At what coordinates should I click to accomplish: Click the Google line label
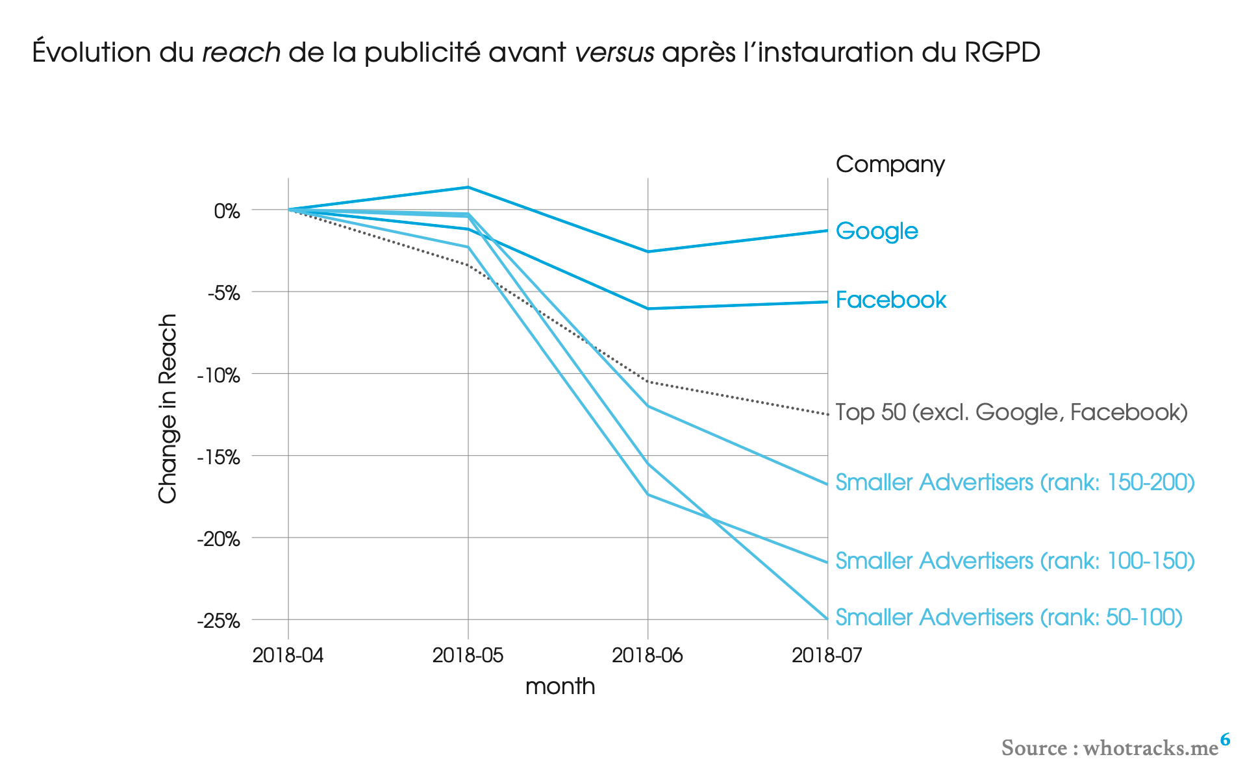pyautogui.click(x=876, y=231)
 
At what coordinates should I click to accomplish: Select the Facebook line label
pyautogui.click(x=890, y=300)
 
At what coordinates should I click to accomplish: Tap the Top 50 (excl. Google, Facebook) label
pyautogui.click(x=1011, y=412)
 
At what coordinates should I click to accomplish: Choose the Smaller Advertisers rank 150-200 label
pyautogui.click(x=1014, y=482)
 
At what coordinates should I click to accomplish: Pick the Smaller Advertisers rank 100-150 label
pyautogui.click(x=1014, y=561)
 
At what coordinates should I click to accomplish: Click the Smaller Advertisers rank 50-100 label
pyautogui.click(x=1009, y=617)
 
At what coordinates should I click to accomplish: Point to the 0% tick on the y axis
pyautogui.click(x=227, y=211)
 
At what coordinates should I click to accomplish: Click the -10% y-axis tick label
pyautogui.click(x=218, y=375)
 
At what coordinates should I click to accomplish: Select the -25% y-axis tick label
pyautogui.click(x=218, y=621)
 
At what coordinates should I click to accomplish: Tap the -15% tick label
pyautogui.click(x=218, y=458)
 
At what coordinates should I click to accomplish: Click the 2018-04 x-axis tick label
pyautogui.click(x=288, y=655)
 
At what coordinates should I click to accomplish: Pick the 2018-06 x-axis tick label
pyautogui.click(x=648, y=655)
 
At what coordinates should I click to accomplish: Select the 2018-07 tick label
pyautogui.click(x=827, y=655)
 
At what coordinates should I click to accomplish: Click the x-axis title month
pyautogui.click(x=560, y=686)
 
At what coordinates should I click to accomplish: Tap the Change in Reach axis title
pyautogui.click(x=168, y=408)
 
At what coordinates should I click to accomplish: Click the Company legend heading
pyautogui.click(x=890, y=164)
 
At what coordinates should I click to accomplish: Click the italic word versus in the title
pyautogui.click(x=614, y=53)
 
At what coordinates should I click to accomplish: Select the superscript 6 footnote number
pyautogui.click(x=1225, y=739)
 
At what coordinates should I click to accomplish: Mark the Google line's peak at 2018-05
pyautogui.click(x=468, y=188)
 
